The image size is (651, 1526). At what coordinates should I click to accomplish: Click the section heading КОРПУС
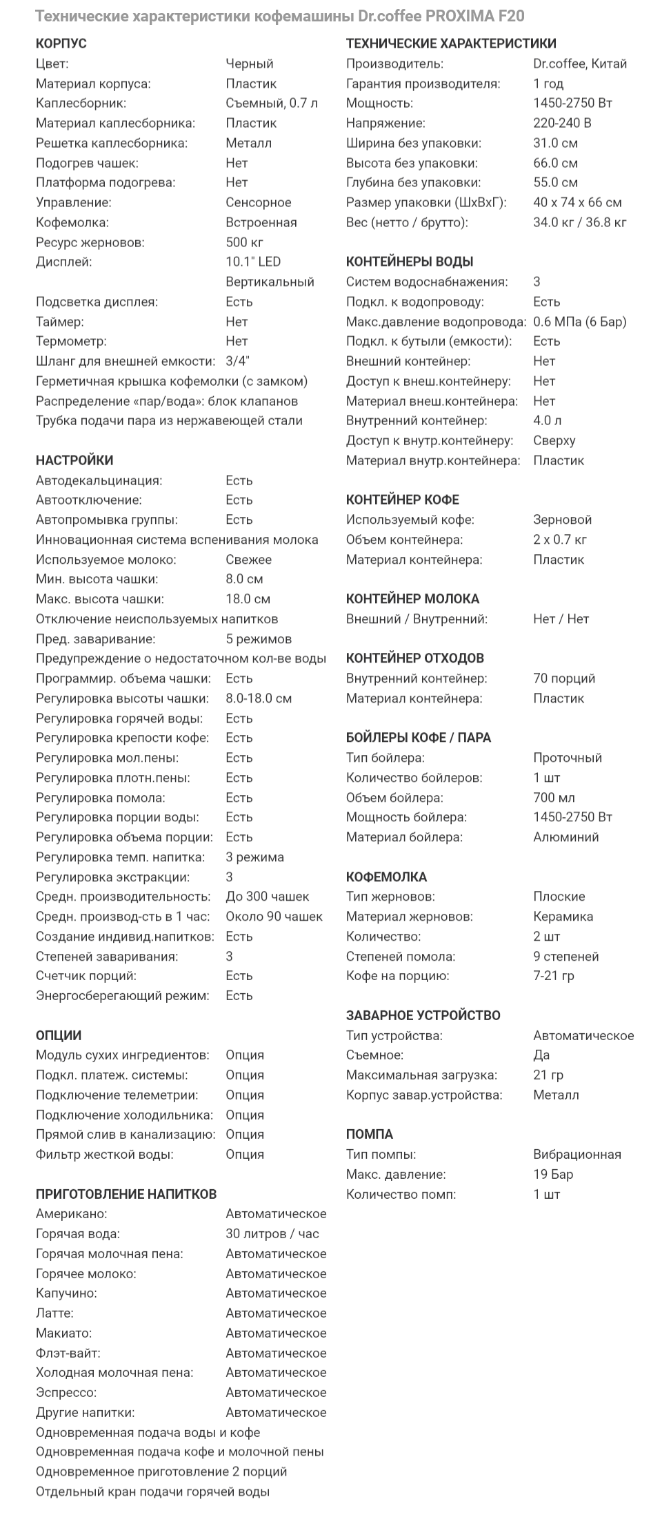click(x=61, y=43)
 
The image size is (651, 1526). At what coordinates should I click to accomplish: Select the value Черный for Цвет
click(x=249, y=63)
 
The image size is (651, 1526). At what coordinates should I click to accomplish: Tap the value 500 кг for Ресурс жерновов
click(x=244, y=242)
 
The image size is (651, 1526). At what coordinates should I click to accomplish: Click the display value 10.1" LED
click(x=253, y=262)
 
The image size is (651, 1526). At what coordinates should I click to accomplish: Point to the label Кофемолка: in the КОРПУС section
click(x=72, y=222)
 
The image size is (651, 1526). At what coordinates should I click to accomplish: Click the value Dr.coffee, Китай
click(x=579, y=63)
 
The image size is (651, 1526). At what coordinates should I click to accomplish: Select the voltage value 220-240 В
click(x=561, y=123)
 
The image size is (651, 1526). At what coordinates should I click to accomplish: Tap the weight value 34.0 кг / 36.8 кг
click(x=579, y=222)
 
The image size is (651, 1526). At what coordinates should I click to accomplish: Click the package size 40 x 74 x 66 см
click(x=577, y=202)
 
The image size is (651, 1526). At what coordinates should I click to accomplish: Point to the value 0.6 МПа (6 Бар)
click(x=579, y=322)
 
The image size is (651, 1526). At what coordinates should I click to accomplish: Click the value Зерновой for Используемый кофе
click(x=562, y=520)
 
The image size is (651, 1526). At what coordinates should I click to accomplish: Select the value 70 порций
click(x=563, y=678)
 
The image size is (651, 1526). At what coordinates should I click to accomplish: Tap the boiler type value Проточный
click(x=567, y=758)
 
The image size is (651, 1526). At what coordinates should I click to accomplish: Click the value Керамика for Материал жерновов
click(x=563, y=917)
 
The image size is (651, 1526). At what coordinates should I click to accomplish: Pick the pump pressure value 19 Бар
click(x=552, y=1174)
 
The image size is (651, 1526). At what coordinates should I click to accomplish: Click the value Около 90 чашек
click(x=274, y=917)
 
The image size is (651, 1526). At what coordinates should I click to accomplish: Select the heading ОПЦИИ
click(x=58, y=1035)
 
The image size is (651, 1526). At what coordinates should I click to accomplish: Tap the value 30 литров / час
click(x=272, y=1233)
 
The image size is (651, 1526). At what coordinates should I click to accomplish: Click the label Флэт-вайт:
click(x=68, y=1353)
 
